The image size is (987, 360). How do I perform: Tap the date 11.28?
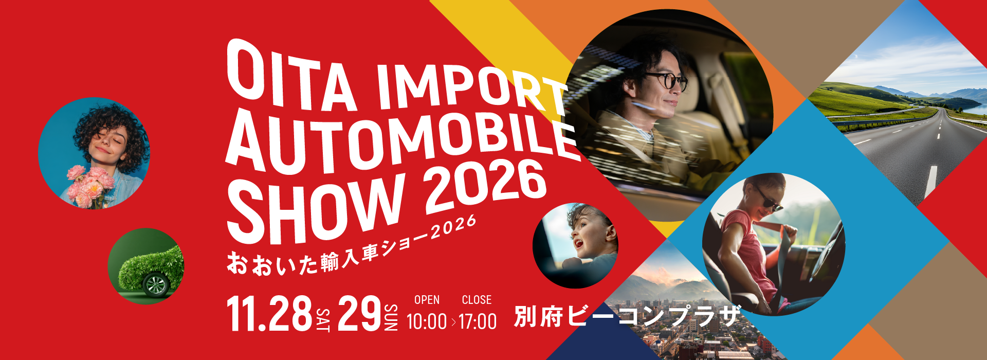tap(270, 313)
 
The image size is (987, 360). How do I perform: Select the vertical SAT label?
tap(323, 320)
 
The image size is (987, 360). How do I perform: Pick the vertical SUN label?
tap(391, 318)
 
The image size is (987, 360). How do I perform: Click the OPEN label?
tap(427, 300)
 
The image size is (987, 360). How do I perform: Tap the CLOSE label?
tap(477, 300)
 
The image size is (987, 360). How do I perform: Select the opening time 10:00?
tap(427, 322)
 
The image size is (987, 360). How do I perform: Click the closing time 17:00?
tap(478, 322)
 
